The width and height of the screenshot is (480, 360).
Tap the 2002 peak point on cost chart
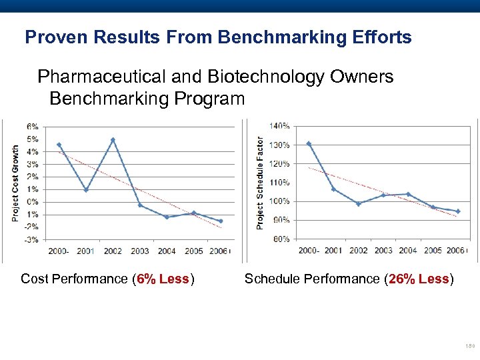[x=113, y=140]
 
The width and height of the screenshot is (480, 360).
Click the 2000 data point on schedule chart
[x=308, y=143]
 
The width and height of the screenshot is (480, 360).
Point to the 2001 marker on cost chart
[x=86, y=190]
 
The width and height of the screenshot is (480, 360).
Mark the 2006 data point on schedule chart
[x=457, y=211]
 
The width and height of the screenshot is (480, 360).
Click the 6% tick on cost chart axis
[x=33, y=127]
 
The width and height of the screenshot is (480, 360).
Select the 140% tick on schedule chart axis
[x=279, y=125]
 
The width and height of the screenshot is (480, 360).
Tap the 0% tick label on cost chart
[x=33, y=202]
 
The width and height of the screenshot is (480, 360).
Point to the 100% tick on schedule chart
[x=279, y=201]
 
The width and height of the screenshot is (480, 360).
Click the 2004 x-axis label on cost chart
[x=167, y=251]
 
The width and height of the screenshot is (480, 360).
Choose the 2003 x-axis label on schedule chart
[x=383, y=251]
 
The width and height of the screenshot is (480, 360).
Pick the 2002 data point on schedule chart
[x=358, y=204]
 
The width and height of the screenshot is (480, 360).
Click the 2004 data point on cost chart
[x=167, y=217]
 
